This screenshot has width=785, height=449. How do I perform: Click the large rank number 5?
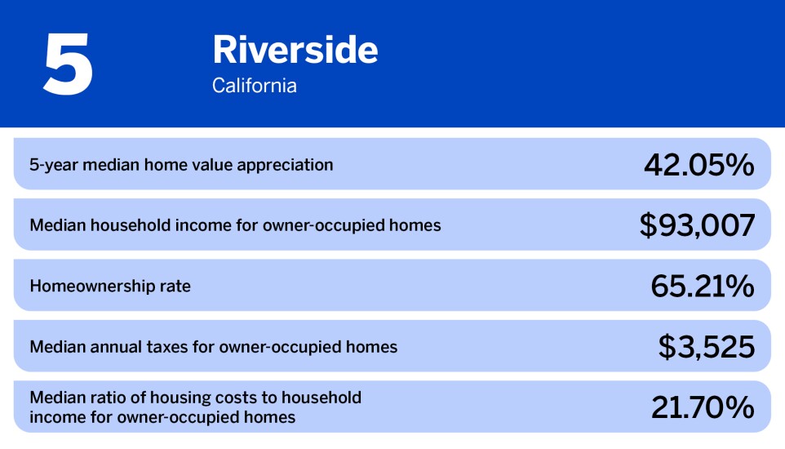pyautogui.click(x=68, y=64)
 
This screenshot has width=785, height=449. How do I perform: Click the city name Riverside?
pyautogui.click(x=295, y=51)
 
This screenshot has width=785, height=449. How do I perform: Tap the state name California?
pyautogui.click(x=254, y=85)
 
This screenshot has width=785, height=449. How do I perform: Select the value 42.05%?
pyautogui.click(x=699, y=165)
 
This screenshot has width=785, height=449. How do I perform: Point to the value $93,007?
pyautogui.click(x=697, y=225)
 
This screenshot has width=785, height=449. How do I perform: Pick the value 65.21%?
pyautogui.click(x=702, y=286)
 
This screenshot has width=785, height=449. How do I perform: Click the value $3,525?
pyautogui.click(x=706, y=347)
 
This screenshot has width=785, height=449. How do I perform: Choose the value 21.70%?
pyautogui.click(x=702, y=407)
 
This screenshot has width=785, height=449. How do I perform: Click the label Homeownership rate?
pyautogui.click(x=110, y=287)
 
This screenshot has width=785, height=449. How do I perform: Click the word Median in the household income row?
pyautogui.click(x=56, y=225)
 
